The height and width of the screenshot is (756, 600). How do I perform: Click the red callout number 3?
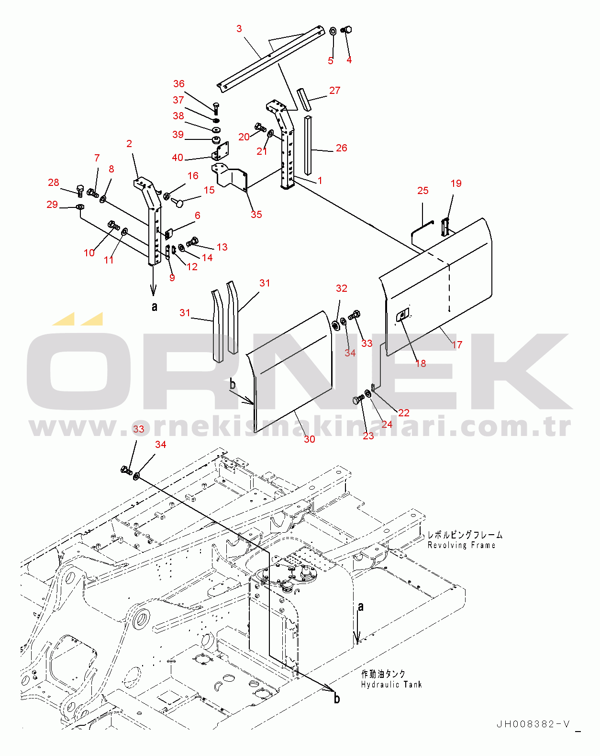click(239, 29)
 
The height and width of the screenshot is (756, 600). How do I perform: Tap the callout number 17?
click(456, 344)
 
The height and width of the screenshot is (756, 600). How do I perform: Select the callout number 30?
click(309, 439)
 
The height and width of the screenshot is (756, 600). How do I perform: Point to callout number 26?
click(342, 148)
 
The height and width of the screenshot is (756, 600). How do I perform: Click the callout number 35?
click(256, 215)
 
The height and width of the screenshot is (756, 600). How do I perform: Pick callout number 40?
click(178, 158)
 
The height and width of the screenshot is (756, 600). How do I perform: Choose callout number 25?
click(423, 191)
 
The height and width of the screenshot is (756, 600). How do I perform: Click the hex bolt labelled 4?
click(346, 30)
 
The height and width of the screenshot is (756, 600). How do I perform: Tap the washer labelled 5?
click(333, 31)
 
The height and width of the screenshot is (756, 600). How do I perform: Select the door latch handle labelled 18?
click(403, 314)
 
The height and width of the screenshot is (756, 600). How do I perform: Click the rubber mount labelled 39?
click(215, 140)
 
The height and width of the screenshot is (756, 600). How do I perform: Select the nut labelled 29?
click(79, 206)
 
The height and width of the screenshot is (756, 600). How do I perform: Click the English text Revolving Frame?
click(461, 546)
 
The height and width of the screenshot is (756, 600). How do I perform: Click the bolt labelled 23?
click(358, 400)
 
